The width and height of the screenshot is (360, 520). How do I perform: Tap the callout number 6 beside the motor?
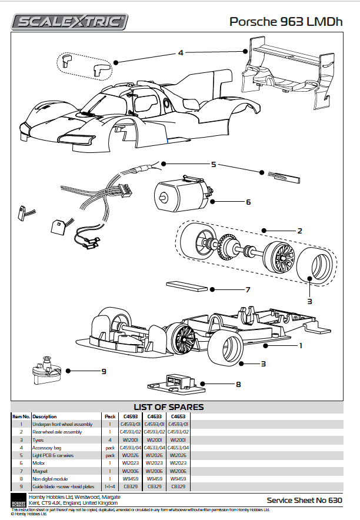click(248, 202)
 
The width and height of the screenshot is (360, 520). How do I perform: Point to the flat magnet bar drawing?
click(187, 286)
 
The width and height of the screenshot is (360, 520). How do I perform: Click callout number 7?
click(248, 289)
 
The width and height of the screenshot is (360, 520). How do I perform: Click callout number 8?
click(238, 385)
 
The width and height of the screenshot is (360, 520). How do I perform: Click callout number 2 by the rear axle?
click(299, 231)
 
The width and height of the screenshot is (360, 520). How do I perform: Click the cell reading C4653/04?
click(178, 447)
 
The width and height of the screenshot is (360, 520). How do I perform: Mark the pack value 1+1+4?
click(109, 486)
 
